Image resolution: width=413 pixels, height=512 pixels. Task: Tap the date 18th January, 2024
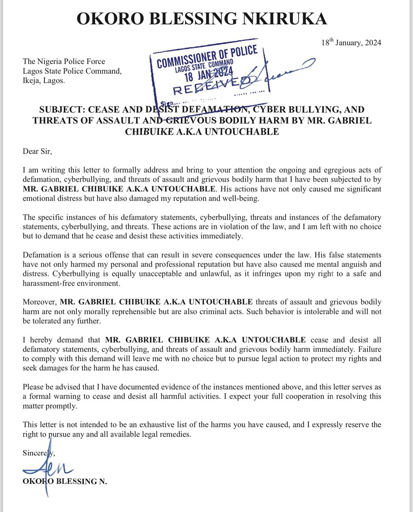(351, 43)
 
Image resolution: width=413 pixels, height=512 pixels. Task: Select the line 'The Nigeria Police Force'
(64, 61)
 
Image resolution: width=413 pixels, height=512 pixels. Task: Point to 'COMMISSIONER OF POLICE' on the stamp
(207, 57)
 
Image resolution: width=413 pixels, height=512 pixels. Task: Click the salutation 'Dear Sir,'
(37, 151)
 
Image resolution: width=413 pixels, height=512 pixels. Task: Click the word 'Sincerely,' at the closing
(39, 453)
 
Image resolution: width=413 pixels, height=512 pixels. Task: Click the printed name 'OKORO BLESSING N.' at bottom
(65, 481)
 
